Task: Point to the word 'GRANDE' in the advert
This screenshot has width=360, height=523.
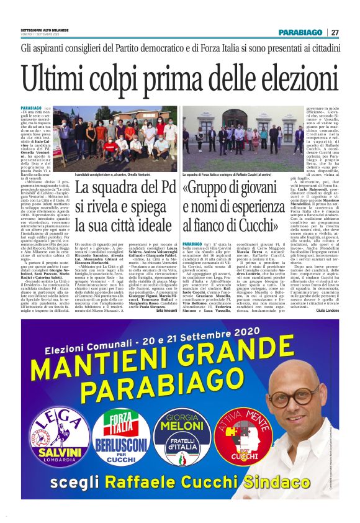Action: click(232, 354)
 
